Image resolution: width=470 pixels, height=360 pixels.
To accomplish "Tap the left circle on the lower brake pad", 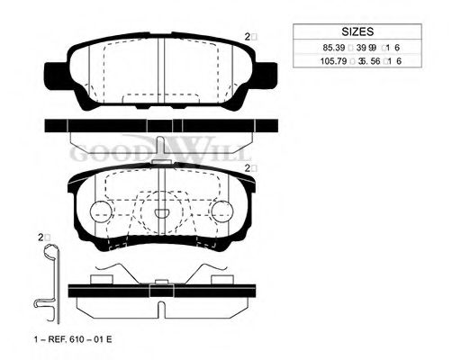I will pos(102,212).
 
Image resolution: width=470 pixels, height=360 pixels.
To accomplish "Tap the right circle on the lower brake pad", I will pos(220,212).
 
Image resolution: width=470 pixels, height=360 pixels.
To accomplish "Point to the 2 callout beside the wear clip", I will pos(42,237).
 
